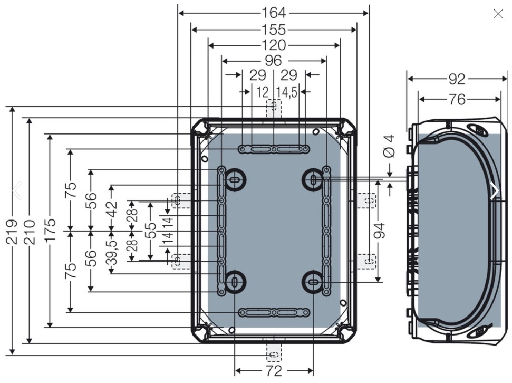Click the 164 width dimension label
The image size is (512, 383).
point(274,13)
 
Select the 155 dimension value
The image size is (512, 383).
point(274,30)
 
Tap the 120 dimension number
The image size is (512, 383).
point(274,45)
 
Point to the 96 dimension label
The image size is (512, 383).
point(273,61)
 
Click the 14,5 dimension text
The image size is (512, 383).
point(287,92)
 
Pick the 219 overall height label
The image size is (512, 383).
point(12,232)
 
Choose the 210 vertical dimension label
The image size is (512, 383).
point(29,232)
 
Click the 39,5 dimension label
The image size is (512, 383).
point(112,253)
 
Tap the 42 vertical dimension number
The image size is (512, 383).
point(112,209)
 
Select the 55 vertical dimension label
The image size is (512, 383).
point(150,231)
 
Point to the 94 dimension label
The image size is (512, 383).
point(379,231)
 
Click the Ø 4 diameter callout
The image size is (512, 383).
point(390,147)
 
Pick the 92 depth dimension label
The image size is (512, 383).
point(457,79)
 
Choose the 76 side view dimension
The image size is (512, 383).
point(457,99)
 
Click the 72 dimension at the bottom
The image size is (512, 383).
point(274,371)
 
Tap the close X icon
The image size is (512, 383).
point(498,14)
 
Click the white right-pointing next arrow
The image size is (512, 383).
point(495,190)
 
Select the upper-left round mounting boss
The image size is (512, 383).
point(234,179)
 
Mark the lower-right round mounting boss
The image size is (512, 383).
point(313,282)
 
